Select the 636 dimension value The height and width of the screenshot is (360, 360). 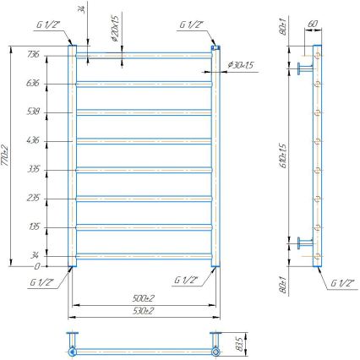tap(33, 83)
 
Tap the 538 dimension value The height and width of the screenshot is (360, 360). tap(33, 111)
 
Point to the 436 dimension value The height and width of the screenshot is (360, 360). tap(33, 139)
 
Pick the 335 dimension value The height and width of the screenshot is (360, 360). tap(33, 168)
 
